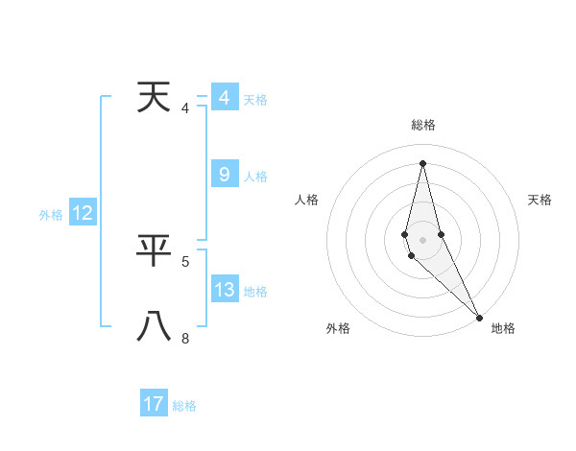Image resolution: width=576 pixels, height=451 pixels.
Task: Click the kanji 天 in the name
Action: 154,98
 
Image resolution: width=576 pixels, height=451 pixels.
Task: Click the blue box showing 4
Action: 224,98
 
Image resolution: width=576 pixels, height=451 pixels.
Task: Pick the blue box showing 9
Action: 224,175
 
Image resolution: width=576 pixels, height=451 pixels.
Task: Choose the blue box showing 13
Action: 224,290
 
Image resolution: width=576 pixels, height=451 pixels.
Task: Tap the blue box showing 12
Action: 83,214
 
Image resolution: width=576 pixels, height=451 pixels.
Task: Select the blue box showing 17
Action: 154,404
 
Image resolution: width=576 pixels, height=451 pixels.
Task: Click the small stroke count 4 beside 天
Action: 185,108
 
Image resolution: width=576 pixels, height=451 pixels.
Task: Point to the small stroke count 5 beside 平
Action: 185,261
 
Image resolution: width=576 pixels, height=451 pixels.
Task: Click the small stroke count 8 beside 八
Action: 185,338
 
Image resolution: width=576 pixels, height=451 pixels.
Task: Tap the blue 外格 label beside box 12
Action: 51,215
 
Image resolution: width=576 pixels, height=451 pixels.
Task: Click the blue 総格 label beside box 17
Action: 184,406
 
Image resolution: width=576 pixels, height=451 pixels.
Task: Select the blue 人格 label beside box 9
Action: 255,177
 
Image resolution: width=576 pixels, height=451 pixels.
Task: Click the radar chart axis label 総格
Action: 423,125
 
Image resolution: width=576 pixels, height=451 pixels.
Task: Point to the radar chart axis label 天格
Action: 540,200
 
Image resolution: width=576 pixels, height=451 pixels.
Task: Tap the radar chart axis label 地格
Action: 503,328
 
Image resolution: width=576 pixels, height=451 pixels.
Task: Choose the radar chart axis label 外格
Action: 338,328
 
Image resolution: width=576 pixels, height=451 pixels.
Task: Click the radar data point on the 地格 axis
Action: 479,317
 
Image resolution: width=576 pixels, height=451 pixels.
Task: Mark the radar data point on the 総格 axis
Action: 422,163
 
